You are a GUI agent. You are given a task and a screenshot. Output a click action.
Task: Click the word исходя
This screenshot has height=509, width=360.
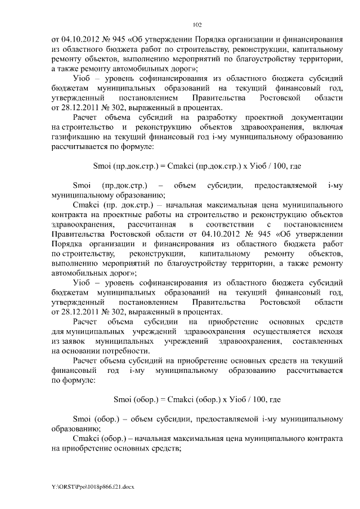[x=329, y=332]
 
